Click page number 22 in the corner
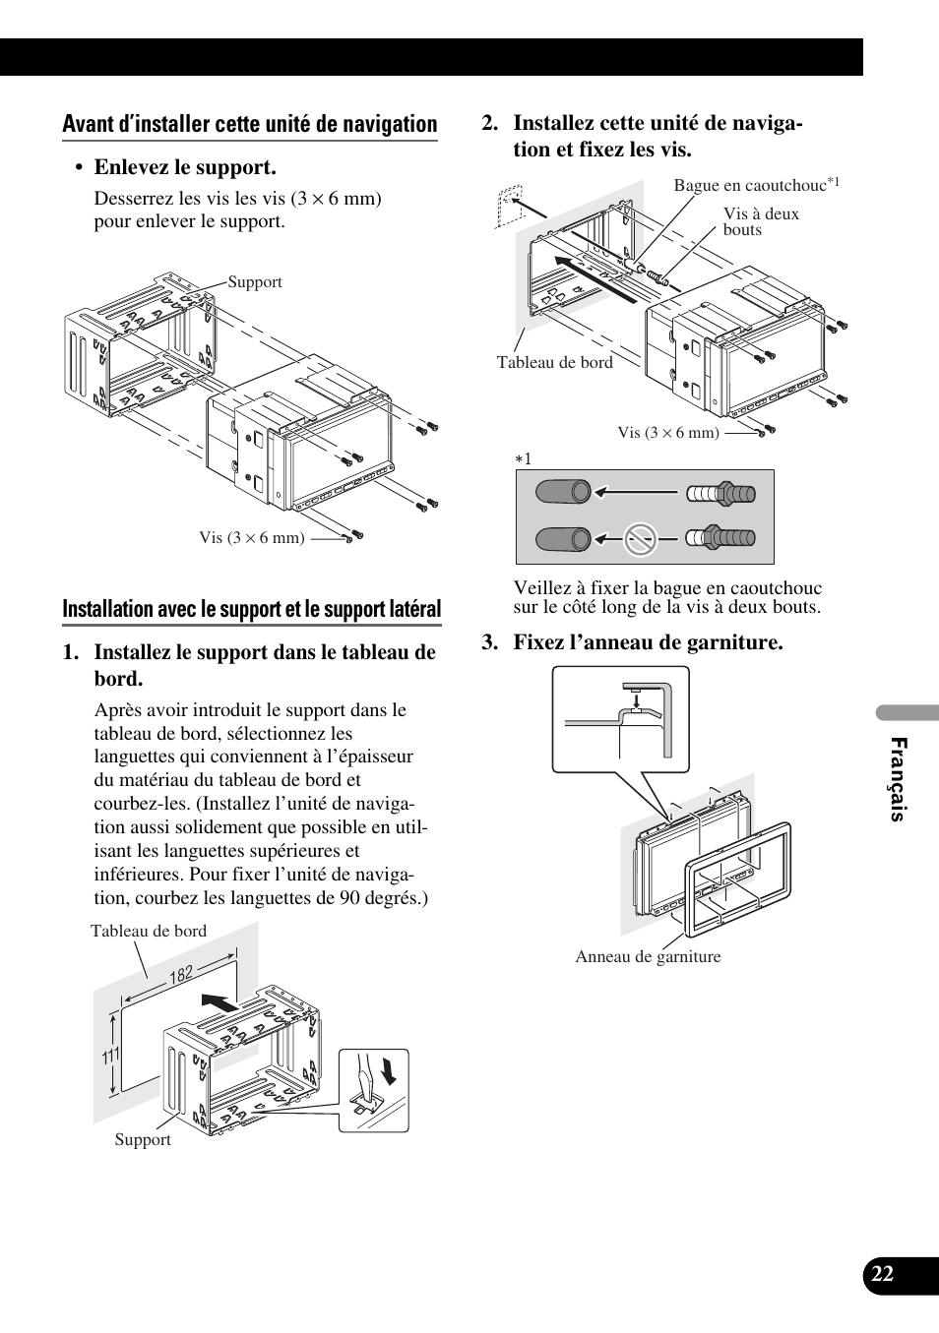(x=882, y=1273)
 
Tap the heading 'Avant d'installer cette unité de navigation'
(x=250, y=125)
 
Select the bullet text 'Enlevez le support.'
(x=185, y=167)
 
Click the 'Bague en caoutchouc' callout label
(x=750, y=185)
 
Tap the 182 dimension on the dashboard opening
(x=181, y=974)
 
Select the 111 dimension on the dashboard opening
(x=110, y=1057)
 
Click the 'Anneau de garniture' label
(x=648, y=956)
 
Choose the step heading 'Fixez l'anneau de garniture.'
(x=648, y=642)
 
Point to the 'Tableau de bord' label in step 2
(x=554, y=362)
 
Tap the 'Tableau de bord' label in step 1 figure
(x=149, y=931)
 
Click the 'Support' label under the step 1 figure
(x=143, y=1139)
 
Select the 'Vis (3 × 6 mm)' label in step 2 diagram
(x=668, y=432)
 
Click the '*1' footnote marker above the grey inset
(x=524, y=459)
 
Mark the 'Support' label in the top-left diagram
(x=255, y=282)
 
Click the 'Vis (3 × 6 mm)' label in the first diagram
(x=252, y=537)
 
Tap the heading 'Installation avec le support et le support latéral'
(x=252, y=609)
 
